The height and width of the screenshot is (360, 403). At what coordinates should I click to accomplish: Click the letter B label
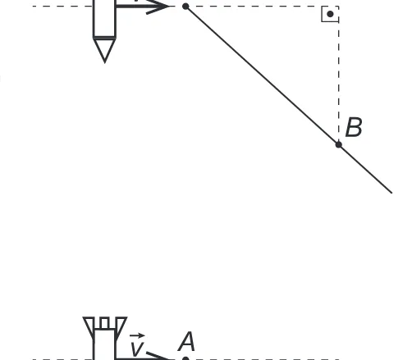354,127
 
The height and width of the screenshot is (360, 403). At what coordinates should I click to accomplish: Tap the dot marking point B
339,144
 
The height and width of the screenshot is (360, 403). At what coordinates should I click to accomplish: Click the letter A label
186,341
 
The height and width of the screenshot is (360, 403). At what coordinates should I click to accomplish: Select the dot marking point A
185,358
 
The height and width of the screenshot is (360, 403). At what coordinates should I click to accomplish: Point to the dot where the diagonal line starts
185,7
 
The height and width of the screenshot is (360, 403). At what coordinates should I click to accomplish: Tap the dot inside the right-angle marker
330,14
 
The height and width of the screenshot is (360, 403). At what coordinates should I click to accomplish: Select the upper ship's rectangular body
104,19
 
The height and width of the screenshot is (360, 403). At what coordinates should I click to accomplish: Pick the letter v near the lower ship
137,349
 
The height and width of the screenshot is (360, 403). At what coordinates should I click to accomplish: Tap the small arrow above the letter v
137,335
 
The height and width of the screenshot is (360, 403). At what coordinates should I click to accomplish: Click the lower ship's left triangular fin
89,326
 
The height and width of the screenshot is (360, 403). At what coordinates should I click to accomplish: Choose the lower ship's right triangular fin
121,326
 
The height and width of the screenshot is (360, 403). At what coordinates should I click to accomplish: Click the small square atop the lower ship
104,323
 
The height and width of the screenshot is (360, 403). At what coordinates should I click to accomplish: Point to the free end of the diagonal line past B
392,193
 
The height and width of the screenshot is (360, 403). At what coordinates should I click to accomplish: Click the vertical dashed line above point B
339,74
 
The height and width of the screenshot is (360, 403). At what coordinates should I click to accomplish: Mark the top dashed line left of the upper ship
63,6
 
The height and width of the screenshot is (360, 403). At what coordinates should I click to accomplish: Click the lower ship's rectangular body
104,344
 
